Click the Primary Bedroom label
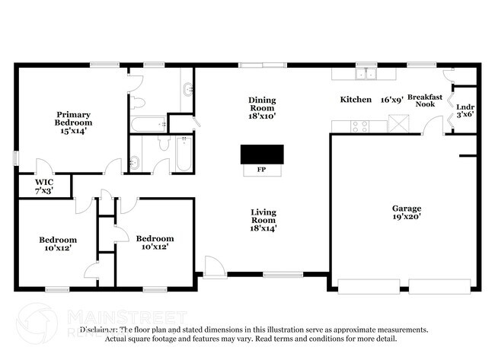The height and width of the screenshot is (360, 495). coord(73,118)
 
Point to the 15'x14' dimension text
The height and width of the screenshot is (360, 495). coord(73,130)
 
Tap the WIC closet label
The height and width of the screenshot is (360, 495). coord(43,182)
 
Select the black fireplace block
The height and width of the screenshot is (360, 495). coord(261,155)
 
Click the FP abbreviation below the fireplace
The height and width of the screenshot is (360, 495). coord(261,170)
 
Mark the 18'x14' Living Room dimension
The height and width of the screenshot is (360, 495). coord(263,228)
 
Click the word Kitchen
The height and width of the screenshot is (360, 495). coord(356,100)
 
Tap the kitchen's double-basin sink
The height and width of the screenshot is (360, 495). coord(367,74)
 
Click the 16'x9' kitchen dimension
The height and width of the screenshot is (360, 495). coord(391,100)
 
